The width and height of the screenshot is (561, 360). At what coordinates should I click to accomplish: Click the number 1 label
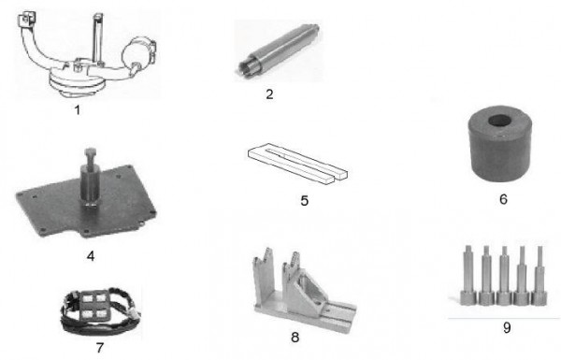click(x=78, y=109)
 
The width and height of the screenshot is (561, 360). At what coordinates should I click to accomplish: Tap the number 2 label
click(x=269, y=94)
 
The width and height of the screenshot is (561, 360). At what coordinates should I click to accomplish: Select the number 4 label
click(x=91, y=256)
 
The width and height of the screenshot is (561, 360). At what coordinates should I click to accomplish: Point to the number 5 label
click(x=304, y=201)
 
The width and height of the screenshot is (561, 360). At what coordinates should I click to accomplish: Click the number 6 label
click(x=503, y=199)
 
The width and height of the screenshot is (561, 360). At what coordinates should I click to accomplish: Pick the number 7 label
click(x=100, y=348)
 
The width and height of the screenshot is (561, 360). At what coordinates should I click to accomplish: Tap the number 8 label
click(x=295, y=338)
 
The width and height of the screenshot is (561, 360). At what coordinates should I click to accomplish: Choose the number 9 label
click(x=507, y=328)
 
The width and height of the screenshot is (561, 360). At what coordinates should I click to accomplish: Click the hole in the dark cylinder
click(x=500, y=121)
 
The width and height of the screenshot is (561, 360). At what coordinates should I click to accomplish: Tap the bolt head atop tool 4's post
click(x=90, y=152)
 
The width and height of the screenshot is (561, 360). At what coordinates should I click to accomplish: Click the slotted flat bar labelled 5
click(x=297, y=164)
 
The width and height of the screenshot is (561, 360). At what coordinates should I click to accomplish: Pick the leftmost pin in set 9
click(x=468, y=275)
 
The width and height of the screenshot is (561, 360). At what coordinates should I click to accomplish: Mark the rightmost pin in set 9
click(x=539, y=276)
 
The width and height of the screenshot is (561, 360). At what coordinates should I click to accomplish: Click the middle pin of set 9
click(x=504, y=276)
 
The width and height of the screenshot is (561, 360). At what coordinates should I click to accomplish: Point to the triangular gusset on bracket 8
click(x=308, y=287)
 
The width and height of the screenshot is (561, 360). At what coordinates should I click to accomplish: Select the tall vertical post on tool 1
click(x=97, y=39)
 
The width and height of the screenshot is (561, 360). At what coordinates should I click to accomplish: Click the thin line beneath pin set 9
click(x=504, y=318)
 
